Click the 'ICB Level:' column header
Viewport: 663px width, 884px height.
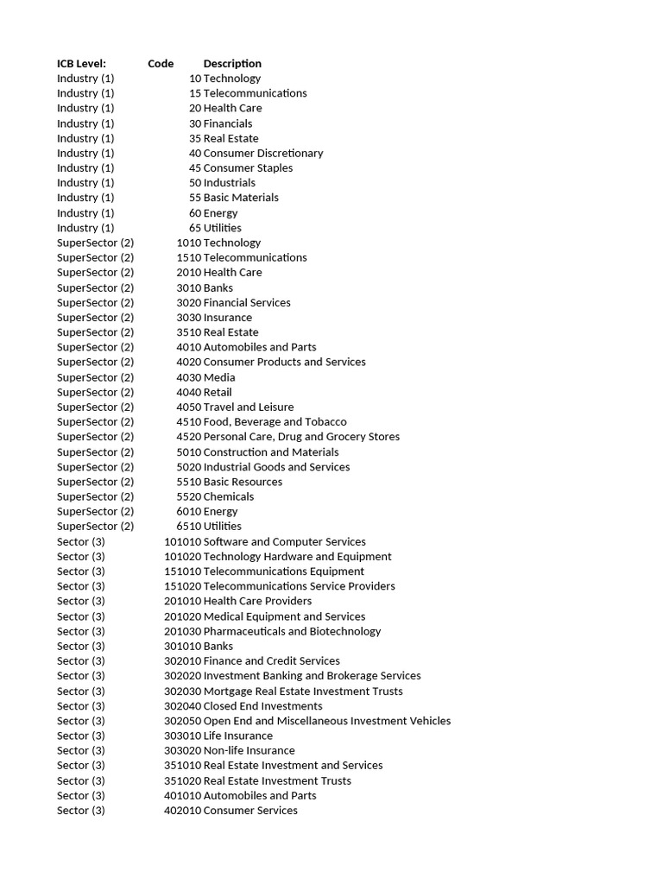pos(81,63)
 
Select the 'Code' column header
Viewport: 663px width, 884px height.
pos(161,63)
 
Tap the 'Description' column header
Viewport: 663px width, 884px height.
pos(232,63)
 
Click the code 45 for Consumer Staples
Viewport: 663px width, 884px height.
pos(195,167)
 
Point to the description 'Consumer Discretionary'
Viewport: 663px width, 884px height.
pos(263,153)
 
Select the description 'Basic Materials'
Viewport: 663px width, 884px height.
pos(241,198)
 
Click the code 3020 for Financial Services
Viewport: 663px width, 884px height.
pos(188,302)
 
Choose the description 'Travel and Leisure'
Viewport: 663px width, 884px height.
pos(249,407)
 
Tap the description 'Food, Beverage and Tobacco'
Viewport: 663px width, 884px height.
pos(275,421)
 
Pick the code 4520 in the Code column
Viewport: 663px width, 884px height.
pos(188,437)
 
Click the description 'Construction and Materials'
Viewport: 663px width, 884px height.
pos(271,451)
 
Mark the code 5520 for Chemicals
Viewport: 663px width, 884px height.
pos(188,496)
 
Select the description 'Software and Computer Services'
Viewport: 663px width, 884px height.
pos(284,541)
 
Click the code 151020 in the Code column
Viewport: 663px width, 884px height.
pos(182,586)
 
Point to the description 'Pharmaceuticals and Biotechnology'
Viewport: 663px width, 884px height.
pos(292,631)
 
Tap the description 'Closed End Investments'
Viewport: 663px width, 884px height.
pos(262,706)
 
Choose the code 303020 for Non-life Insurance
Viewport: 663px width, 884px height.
pos(182,750)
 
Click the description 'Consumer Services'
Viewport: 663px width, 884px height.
pos(250,810)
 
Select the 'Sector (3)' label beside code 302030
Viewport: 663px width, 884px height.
pos(81,691)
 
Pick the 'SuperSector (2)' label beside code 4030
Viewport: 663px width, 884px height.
pos(95,377)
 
